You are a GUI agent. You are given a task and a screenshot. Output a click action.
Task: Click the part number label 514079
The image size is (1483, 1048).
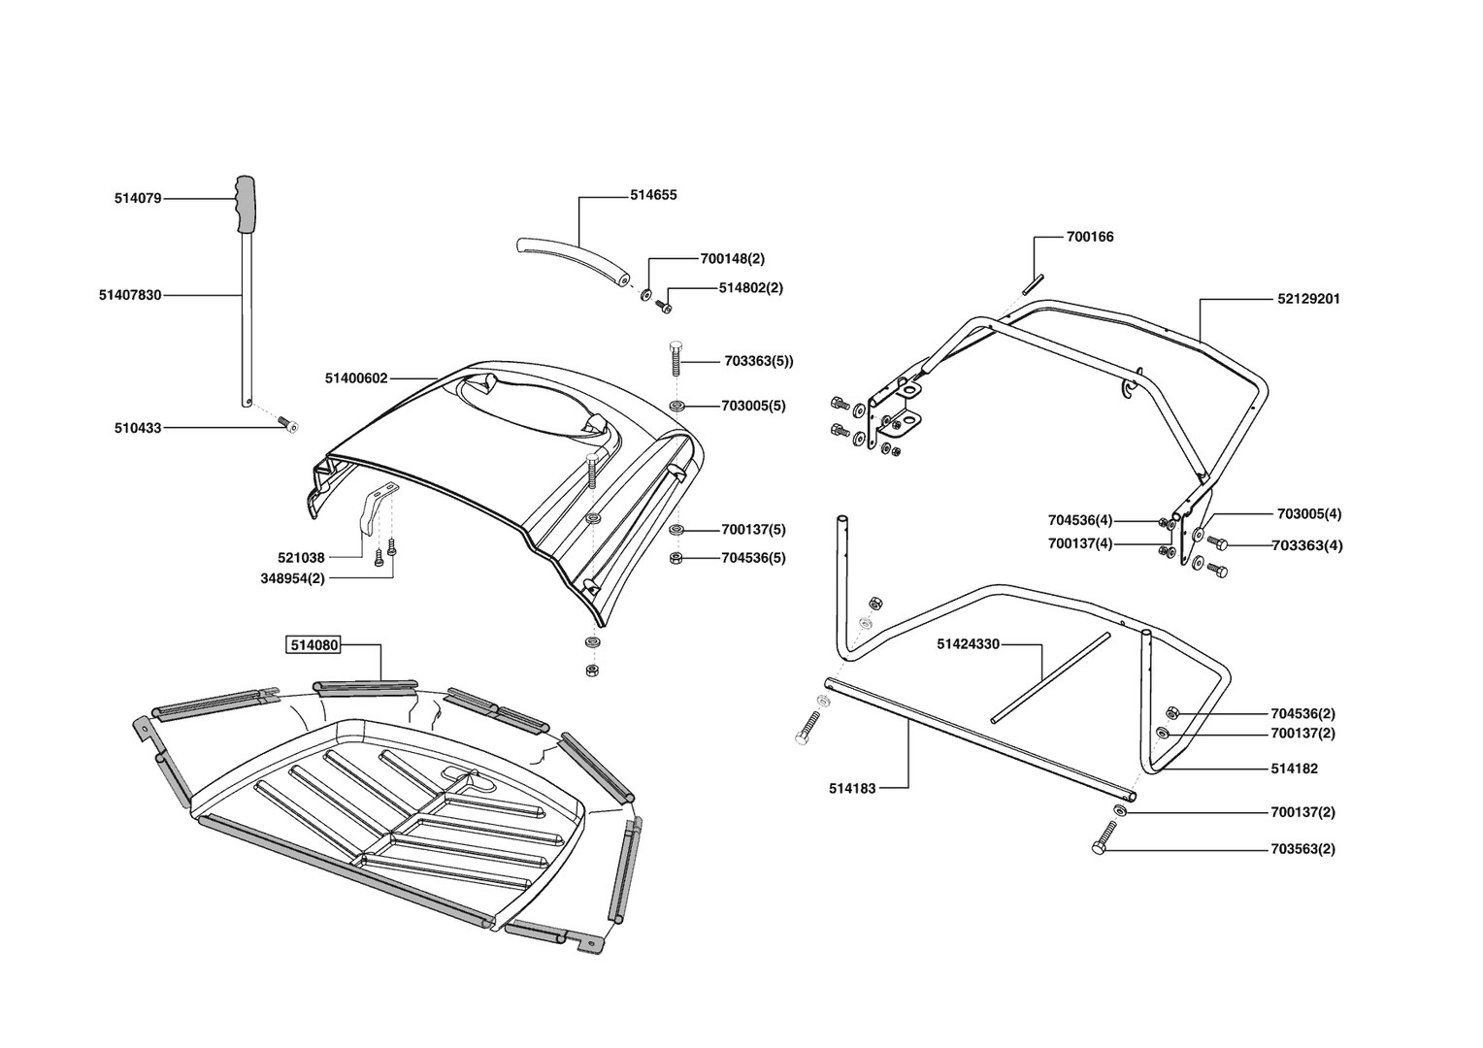pos(138,199)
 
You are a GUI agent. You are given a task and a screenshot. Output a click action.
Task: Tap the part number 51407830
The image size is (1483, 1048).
pos(130,295)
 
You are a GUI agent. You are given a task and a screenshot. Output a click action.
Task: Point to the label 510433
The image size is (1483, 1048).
pos(138,427)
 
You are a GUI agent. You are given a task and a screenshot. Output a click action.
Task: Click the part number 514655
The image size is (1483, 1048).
pos(653,195)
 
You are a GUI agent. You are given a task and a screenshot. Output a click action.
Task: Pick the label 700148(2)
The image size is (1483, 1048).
pos(732,259)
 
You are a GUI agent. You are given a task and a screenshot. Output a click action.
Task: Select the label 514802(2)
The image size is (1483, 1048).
pos(750,288)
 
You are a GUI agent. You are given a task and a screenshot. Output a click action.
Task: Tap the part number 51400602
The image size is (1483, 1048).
pos(356,378)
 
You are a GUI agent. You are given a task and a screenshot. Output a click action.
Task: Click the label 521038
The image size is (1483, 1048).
pos(301,558)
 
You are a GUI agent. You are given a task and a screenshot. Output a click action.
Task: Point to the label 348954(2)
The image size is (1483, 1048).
pos(292,578)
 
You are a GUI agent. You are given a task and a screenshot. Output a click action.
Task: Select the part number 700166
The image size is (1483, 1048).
pos(1090,237)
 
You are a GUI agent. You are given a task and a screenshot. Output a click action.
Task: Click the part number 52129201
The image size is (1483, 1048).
pos(1308,299)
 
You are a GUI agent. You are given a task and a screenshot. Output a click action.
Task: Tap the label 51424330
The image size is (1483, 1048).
pos(968,643)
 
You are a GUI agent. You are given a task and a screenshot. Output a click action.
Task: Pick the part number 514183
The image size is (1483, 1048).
pos(852,789)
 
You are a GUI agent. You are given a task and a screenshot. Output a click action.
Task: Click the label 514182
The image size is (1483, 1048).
pos(1294,769)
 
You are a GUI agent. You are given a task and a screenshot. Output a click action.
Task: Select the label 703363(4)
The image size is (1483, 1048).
pos(1307,545)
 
